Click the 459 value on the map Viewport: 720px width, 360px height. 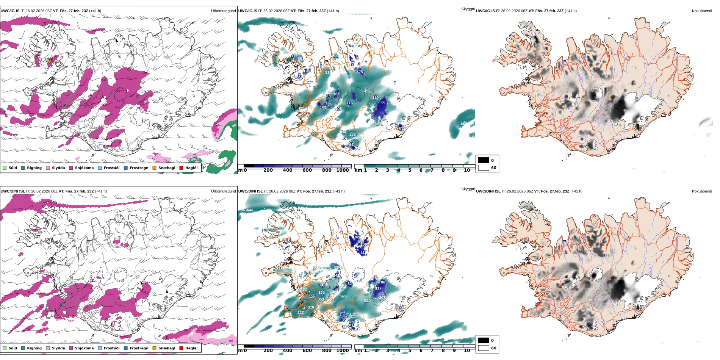pyautogui.click(x=367, y=91)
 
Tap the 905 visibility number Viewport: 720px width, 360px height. pyautogui.click(x=343, y=296)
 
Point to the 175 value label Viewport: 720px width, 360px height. pyautogui.click(x=360, y=72)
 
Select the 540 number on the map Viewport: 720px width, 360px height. pyautogui.click(x=367, y=301)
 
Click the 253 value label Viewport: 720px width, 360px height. pyautogui.click(x=352, y=135)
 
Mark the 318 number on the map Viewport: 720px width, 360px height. pyautogui.click(x=311, y=307)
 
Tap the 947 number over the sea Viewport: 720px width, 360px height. pyautogui.click(x=250, y=210)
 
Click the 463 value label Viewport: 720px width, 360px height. pyautogui.click(x=304, y=290)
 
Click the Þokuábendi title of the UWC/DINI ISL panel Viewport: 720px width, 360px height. pyautogui.click(x=701, y=191)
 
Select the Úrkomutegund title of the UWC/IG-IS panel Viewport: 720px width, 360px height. pyautogui.click(x=223, y=11)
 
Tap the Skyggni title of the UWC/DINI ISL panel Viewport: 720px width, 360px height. pyautogui.click(x=468, y=189)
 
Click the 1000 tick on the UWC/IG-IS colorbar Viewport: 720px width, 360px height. pyautogui.click(x=342, y=170)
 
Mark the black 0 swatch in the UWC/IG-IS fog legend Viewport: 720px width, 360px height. pyautogui.click(x=484, y=160)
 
